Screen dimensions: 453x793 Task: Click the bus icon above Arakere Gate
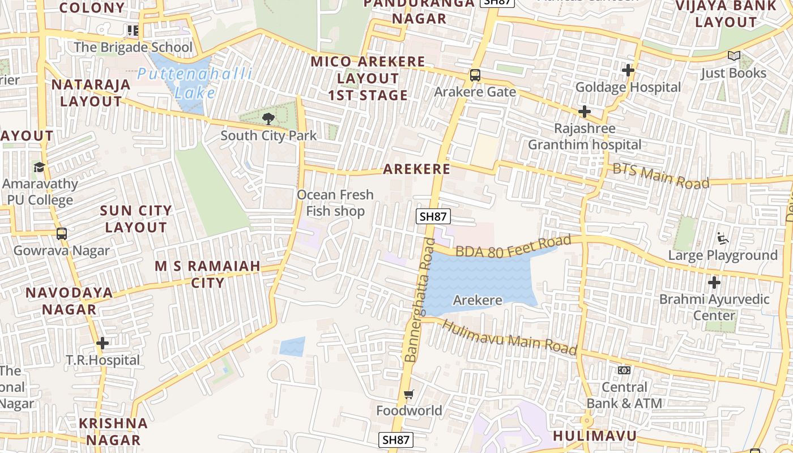pyautogui.click(x=475, y=75)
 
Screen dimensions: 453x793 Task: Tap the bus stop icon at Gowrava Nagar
pyautogui.click(x=61, y=233)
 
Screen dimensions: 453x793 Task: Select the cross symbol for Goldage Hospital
pyautogui.click(x=628, y=70)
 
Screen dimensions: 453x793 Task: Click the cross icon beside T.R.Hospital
pyautogui.click(x=103, y=343)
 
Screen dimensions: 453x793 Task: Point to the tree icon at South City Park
pyautogui.click(x=268, y=118)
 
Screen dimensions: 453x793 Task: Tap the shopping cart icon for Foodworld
pyautogui.click(x=409, y=394)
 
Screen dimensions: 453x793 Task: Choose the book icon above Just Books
pyautogui.click(x=734, y=56)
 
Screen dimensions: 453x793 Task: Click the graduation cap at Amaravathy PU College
pyautogui.click(x=39, y=167)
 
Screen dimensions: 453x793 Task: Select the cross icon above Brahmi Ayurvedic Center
pyautogui.click(x=714, y=282)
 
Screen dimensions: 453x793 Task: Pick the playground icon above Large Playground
pyautogui.click(x=723, y=238)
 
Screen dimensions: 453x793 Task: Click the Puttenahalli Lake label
pyautogui.click(x=195, y=83)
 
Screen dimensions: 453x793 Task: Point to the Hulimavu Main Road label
pyautogui.click(x=509, y=337)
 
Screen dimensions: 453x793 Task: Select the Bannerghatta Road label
pyautogui.click(x=419, y=300)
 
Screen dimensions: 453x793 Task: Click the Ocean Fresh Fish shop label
pyautogui.click(x=335, y=203)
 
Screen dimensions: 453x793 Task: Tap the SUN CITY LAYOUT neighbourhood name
pyautogui.click(x=136, y=219)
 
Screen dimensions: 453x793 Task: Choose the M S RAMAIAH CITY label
pyautogui.click(x=207, y=274)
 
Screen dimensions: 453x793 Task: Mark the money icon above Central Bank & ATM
pyautogui.click(x=624, y=370)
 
